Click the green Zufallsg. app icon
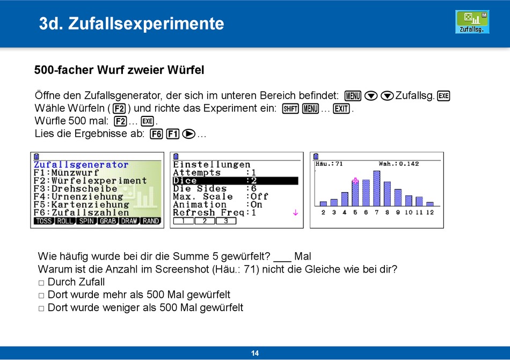pyautogui.click(x=472, y=22)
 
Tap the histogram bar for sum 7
pyautogui.click(x=377, y=188)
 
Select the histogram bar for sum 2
pyautogui.click(x=323, y=204)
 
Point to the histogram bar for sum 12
pyautogui.click(x=429, y=204)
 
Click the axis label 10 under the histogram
pyautogui.click(x=409, y=212)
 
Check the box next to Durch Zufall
pyautogui.click(x=41, y=283)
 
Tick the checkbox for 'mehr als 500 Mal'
pyautogui.click(x=41, y=296)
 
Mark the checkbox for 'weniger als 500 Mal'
pyautogui.click(x=41, y=308)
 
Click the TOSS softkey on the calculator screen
pyautogui.click(x=44, y=221)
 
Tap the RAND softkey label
pyautogui.click(x=151, y=221)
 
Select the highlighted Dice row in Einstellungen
pyautogui.click(x=236, y=181)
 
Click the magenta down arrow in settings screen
pyautogui.click(x=295, y=213)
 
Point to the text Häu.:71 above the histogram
pyautogui.click(x=329, y=164)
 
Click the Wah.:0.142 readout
pyautogui.click(x=399, y=164)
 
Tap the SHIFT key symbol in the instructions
pyautogui.click(x=290, y=108)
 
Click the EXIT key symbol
pyautogui.click(x=341, y=108)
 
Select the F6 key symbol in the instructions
pyautogui.click(x=156, y=134)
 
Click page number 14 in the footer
pyautogui.click(x=255, y=353)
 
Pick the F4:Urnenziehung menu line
pyautogui.click(x=78, y=196)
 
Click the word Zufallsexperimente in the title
pyautogui.click(x=146, y=24)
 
